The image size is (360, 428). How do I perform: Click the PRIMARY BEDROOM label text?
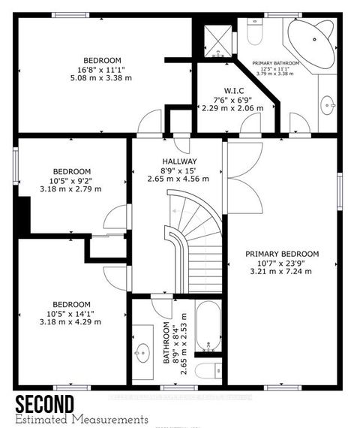coord(283,254)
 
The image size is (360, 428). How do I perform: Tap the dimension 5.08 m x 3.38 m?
coord(103,77)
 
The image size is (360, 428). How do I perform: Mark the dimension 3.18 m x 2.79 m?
coord(71,188)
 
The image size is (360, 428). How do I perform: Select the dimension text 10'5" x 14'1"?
coord(71,313)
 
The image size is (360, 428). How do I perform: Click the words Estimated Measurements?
coord(82,419)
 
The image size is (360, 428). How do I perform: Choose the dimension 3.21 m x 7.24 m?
coord(283,272)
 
